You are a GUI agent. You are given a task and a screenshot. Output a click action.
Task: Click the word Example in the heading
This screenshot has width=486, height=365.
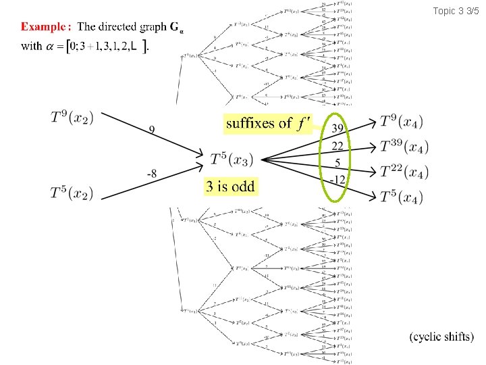[x=47, y=27]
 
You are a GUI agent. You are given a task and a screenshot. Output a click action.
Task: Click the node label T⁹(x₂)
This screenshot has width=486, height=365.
[x=72, y=118]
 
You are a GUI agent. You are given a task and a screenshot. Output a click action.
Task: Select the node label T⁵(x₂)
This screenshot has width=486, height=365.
[x=72, y=193]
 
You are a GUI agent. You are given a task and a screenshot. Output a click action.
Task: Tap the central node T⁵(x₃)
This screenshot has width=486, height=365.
[x=232, y=160]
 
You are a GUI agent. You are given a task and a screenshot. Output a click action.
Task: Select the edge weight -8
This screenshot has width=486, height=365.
[x=152, y=174]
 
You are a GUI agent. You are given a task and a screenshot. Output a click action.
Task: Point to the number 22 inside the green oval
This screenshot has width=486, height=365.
[x=337, y=147]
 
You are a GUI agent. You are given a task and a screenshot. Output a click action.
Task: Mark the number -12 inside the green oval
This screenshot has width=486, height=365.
[x=337, y=179]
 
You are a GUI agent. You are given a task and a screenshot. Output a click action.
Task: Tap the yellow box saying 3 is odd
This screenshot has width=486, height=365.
[x=230, y=187]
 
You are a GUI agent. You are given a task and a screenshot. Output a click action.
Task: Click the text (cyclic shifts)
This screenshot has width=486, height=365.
[x=441, y=336]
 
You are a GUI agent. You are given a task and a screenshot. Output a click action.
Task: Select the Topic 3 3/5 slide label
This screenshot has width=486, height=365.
[x=456, y=11]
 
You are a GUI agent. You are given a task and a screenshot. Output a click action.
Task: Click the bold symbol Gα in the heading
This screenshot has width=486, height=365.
[x=176, y=28]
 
